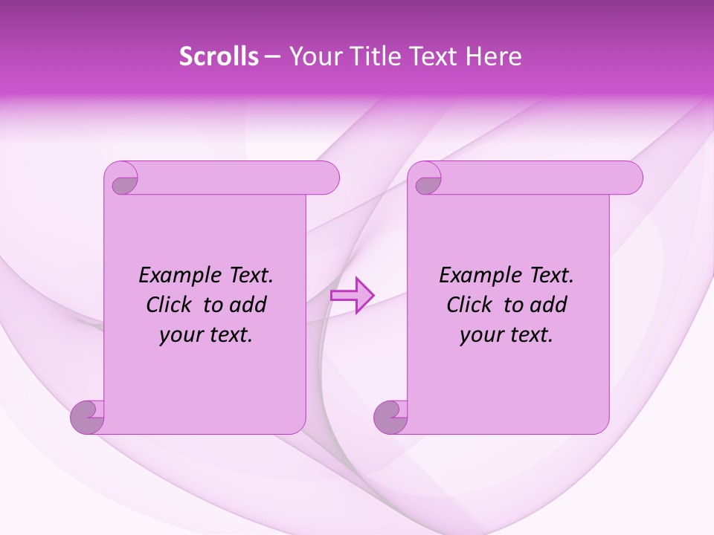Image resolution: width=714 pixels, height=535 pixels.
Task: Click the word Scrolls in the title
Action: click(x=219, y=56)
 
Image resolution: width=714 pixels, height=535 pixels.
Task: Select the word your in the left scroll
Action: click(x=181, y=335)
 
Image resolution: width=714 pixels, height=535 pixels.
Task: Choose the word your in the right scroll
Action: click(x=482, y=335)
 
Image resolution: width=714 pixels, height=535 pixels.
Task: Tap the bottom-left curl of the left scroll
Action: click(x=88, y=416)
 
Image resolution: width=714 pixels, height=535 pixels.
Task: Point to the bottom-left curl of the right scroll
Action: click(x=391, y=416)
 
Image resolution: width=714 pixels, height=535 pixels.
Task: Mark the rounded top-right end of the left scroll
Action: click(x=327, y=178)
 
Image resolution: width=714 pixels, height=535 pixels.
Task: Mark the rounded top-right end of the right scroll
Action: click(x=631, y=178)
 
